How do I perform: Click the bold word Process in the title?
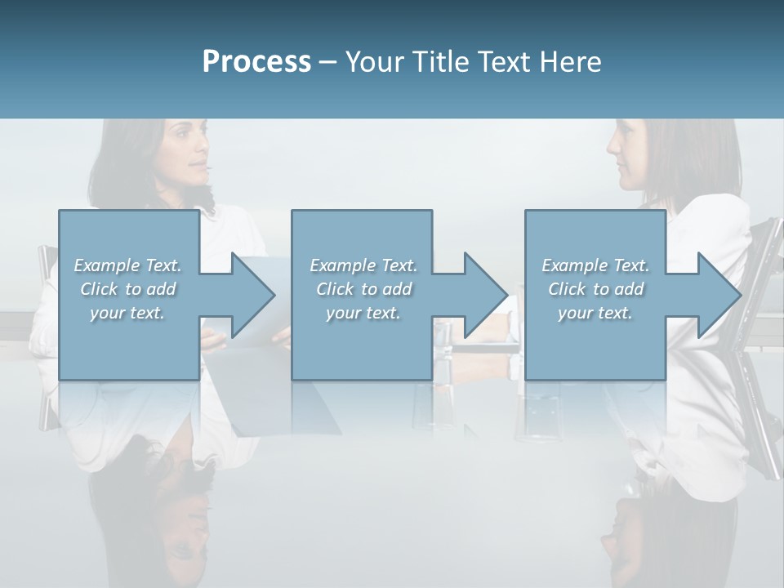click(256, 62)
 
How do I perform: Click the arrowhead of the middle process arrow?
click(484, 295)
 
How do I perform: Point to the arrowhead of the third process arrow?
click(718, 295)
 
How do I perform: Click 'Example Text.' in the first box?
click(127, 265)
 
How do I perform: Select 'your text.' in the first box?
click(127, 313)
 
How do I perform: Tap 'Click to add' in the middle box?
click(363, 289)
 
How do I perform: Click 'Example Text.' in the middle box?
click(363, 265)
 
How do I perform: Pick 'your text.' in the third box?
click(595, 313)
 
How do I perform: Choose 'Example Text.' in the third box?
click(595, 265)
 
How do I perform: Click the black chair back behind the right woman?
click(764, 261)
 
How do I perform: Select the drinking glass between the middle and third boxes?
click(443, 351)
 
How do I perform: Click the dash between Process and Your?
click(328, 62)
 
